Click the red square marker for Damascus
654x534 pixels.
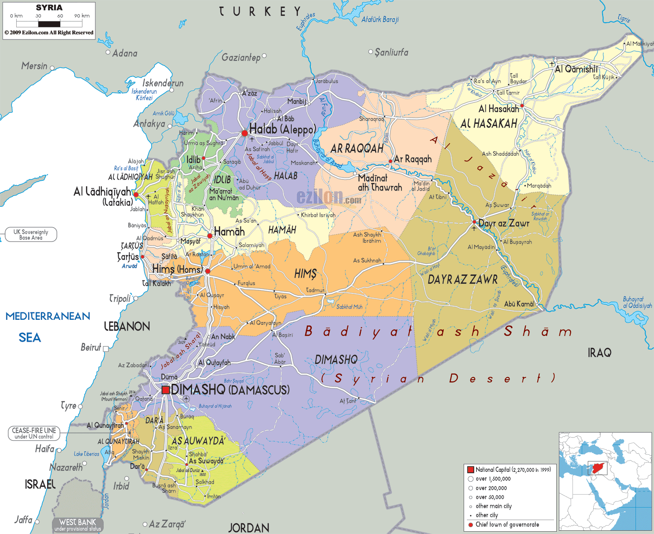pos(165,390)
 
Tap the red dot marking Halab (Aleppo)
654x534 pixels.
pos(245,133)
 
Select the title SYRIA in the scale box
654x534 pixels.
pos(49,7)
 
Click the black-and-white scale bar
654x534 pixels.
pos(49,24)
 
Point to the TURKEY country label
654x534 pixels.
pos(260,12)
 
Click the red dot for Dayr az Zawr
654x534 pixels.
pos(474,222)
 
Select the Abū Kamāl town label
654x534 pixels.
pos(519,304)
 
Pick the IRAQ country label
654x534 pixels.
pos(599,353)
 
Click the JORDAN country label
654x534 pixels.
pos(249,528)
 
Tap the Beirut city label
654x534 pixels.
pos(91,347)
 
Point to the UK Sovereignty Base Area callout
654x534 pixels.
pos(31,235)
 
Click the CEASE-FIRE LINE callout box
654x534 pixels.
pos(34,433)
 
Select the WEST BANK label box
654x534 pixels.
pos(77,525)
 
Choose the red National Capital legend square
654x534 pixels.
pos(471,470)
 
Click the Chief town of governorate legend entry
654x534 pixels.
pos(507,525)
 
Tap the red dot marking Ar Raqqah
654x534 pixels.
pos(390,161)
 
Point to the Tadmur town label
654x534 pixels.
pos(315,290)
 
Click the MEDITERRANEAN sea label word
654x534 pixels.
pos(48,316)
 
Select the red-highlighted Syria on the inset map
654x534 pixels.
pos(598,468)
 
